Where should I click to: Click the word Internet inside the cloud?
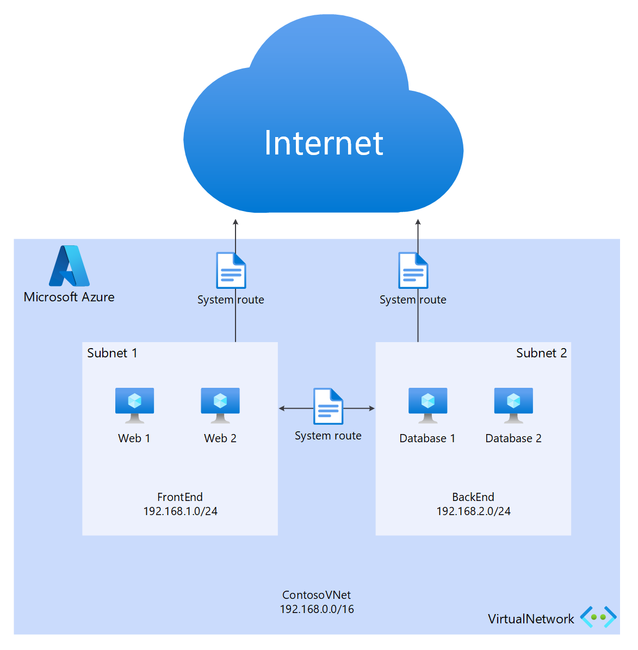[324, 143]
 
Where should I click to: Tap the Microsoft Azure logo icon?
[69, 266]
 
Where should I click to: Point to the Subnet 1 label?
[112, 353]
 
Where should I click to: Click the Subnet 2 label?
[541, 353]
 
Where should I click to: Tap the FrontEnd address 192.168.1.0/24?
[180, 511]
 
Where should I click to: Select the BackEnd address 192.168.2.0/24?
[473, 511]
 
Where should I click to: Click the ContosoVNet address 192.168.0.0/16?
[317, 609]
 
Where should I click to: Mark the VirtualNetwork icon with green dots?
[598, 617]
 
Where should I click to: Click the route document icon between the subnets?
[328, 406]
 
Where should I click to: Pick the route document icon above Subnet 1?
[231, 270]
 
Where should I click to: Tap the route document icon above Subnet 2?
[413, 270]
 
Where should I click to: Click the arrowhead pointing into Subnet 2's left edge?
[372, 408]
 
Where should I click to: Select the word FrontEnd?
[180, 497]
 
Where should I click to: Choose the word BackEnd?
[473, 497]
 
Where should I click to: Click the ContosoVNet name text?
[317, 595]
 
